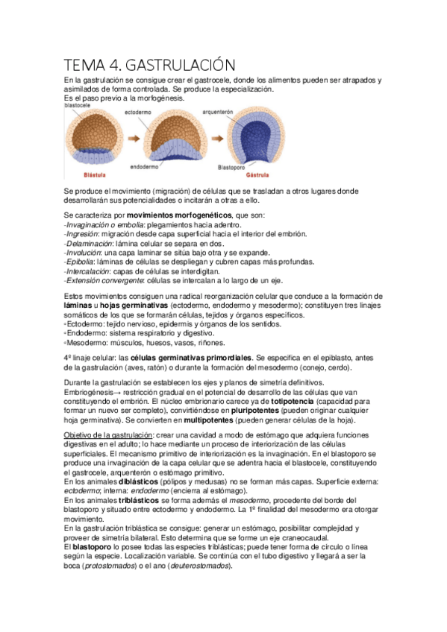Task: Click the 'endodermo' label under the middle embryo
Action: [143, 167]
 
